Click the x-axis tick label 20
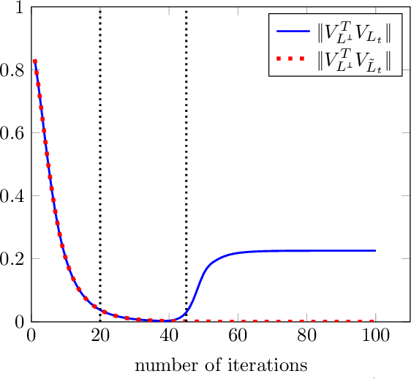pyautogui.click(x=100, y=336)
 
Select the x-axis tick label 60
pyautogui.click(x=237, y=336)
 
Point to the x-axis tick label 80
pyautogui.click(x=306, y=336)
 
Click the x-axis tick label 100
pyautogui.click(x=374, y=336)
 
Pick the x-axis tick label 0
pyautogui.click(x=31, y=336)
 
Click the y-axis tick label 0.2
pyautogui.click(x=13, y=259)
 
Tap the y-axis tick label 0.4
pyautogui.click(x=13, y=196)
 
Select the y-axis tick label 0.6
pyautogui.click(x=13, y=133)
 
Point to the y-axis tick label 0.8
pyautogui.click(x=13, y=71)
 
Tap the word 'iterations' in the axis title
pyautogui.click(x=271, y=364)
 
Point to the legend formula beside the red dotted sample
pyautogui.click(x=353, y=60)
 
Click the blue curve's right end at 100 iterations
pyautogui.click(x=374, y=251)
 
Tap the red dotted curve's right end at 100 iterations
pyautogui.click(x=374, y=320)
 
